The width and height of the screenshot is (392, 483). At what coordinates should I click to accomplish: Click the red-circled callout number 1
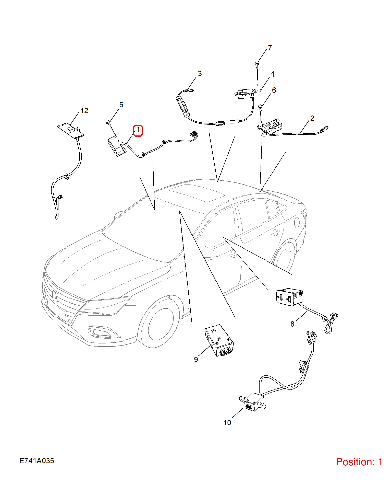[138, 130]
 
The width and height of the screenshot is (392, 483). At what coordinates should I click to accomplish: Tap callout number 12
[84, 111]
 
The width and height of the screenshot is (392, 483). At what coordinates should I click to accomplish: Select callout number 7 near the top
[270, 48]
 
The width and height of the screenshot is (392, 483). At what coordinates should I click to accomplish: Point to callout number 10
[227, 423]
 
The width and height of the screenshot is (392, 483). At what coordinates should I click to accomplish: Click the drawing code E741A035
[37, 461]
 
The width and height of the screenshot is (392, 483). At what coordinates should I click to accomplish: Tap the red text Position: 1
[359, 462]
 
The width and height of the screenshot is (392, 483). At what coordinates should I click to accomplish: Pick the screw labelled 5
[108, 123]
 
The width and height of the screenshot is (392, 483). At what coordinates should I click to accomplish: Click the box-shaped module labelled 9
[219, 341]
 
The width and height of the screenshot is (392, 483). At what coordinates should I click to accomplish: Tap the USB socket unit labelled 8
[290, 297]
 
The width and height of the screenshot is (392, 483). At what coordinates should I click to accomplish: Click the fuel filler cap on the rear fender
[297, 222]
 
